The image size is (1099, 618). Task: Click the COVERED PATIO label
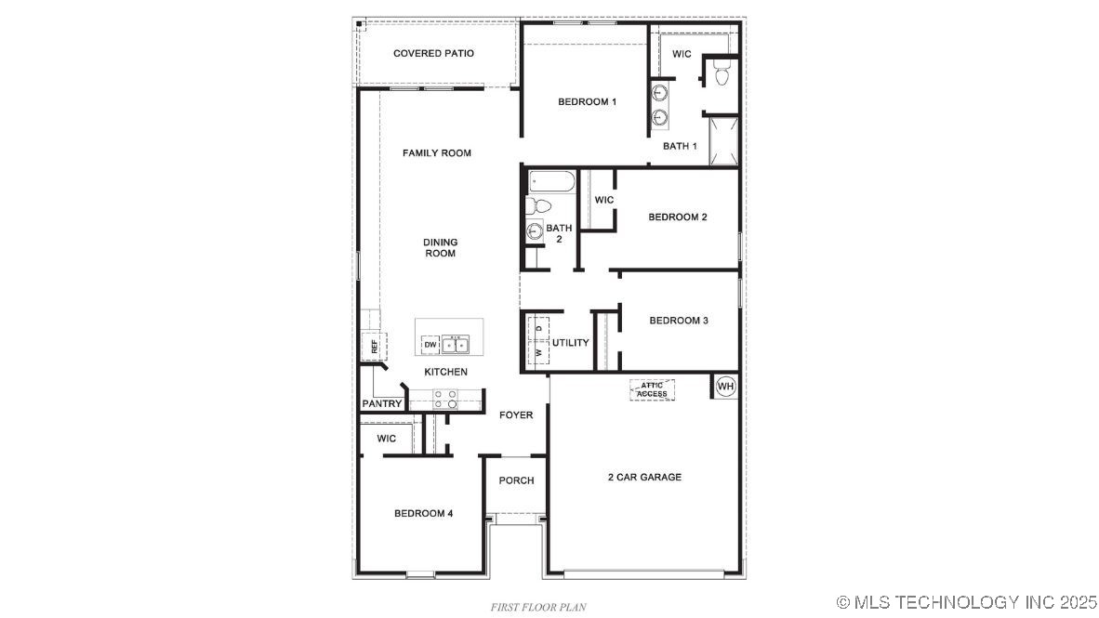[x=433, y=54]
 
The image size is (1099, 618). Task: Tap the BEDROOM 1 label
[x=587, y=101]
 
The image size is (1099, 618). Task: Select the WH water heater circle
[x=725, y=386]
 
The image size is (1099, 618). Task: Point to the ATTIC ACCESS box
[x=652, y=389]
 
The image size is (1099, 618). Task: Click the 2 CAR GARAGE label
[x=644, y=478]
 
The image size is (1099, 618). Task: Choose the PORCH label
[x=516, y=480]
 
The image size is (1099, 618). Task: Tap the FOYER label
[x=516, y=414]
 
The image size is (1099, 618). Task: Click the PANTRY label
[x=382, y=404]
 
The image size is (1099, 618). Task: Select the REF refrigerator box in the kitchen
[x=374, y=348]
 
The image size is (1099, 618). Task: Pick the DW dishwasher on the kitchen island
[x=430, y=346]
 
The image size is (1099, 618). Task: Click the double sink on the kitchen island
[x=457, y=345]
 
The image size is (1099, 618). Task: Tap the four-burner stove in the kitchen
[x=446, y=399]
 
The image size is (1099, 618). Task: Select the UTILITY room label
[x=570, y=343]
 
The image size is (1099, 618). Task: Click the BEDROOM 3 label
[x=679, y=321]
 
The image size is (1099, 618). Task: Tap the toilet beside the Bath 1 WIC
[x=722, y=72]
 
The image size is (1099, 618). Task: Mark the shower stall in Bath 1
[x=723, y=139]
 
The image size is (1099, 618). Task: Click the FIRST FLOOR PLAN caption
[x=538, y=607]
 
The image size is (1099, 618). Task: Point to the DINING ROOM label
[x=441, y=248]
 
